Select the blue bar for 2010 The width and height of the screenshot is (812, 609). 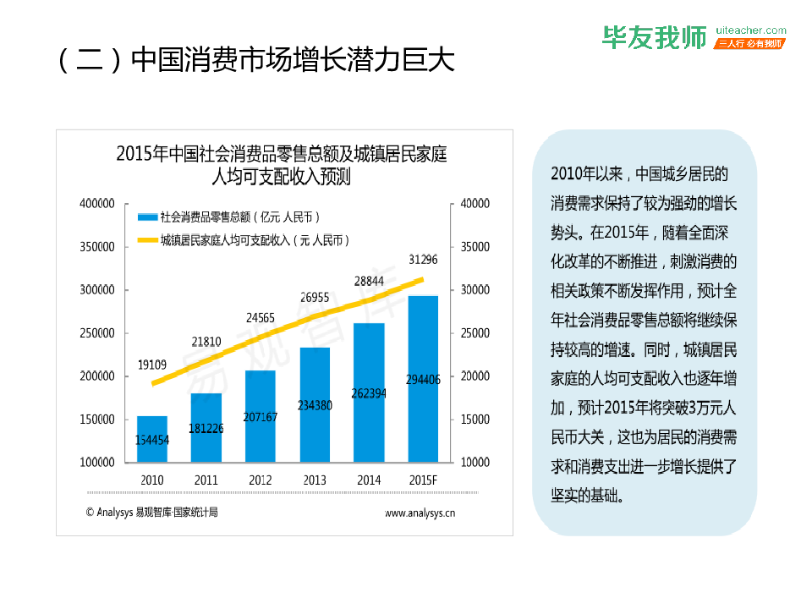(152, 439)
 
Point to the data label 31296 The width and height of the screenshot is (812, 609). (423, 259)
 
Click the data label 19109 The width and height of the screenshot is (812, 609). (152, 365)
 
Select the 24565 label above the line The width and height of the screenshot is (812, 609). (261, 318)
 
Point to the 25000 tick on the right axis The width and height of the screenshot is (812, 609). (475, 333)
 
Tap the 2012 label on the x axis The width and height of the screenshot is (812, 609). (261, 480)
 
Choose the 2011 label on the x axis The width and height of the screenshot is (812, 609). (206, 480)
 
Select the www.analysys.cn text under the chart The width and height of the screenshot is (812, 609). (420, 513)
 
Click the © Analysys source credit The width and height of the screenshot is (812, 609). (151, 512)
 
